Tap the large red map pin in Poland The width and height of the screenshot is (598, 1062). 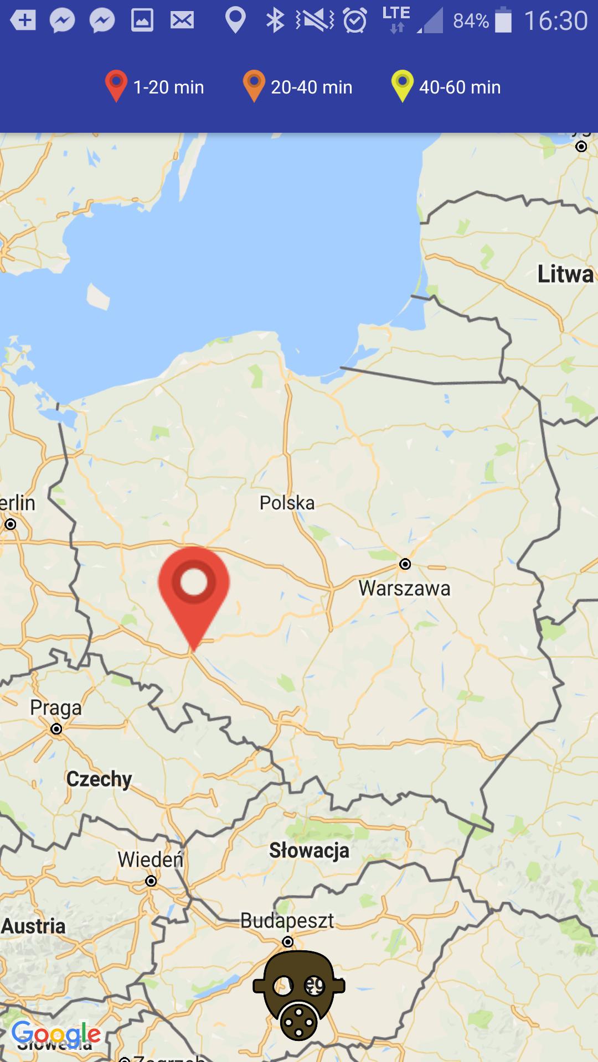click(x=194, y=586)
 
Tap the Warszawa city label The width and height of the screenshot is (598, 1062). click(x=404, y=588)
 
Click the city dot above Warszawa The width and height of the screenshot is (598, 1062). click(x=405, y=564)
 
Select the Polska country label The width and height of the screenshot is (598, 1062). click(x=287, y=503)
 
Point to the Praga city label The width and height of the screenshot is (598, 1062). click(x=55, y=707)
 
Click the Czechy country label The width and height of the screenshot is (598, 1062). click(x=99, y=779)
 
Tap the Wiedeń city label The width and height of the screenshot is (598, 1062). click(x=150, y=860)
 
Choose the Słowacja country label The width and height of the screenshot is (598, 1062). click(x=309, y=850)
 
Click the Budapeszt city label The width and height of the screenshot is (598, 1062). click(x=287, y=920)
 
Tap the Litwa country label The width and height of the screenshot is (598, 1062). click(x=565, y=274)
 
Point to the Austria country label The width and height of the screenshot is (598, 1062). click(x=33, y=926)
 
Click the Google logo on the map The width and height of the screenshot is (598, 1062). click(x=56, y=1033)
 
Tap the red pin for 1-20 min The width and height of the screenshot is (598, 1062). click(x=116, y=85)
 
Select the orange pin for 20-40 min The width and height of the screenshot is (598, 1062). click(x=254, y=85)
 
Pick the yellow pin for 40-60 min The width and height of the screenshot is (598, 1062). click(x=403, y=85)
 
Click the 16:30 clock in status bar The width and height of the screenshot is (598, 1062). click(x=555, y=21)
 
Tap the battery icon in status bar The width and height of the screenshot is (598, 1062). click(x=503, y=20)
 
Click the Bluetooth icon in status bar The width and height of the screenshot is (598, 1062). click(x=275, y=21)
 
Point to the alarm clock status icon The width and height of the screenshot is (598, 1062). click(x=355, y=21)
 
